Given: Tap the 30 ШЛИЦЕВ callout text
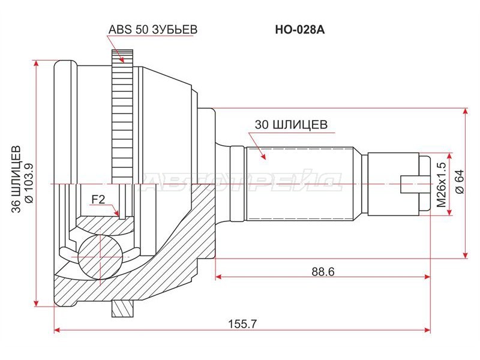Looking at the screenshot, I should (290, 125).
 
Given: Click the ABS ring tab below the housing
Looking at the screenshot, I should (122, 308).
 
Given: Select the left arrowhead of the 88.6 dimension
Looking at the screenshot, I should (219, 277).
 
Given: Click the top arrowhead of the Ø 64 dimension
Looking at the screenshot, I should (466, 112).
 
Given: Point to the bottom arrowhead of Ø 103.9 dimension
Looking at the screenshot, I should (37, 302).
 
